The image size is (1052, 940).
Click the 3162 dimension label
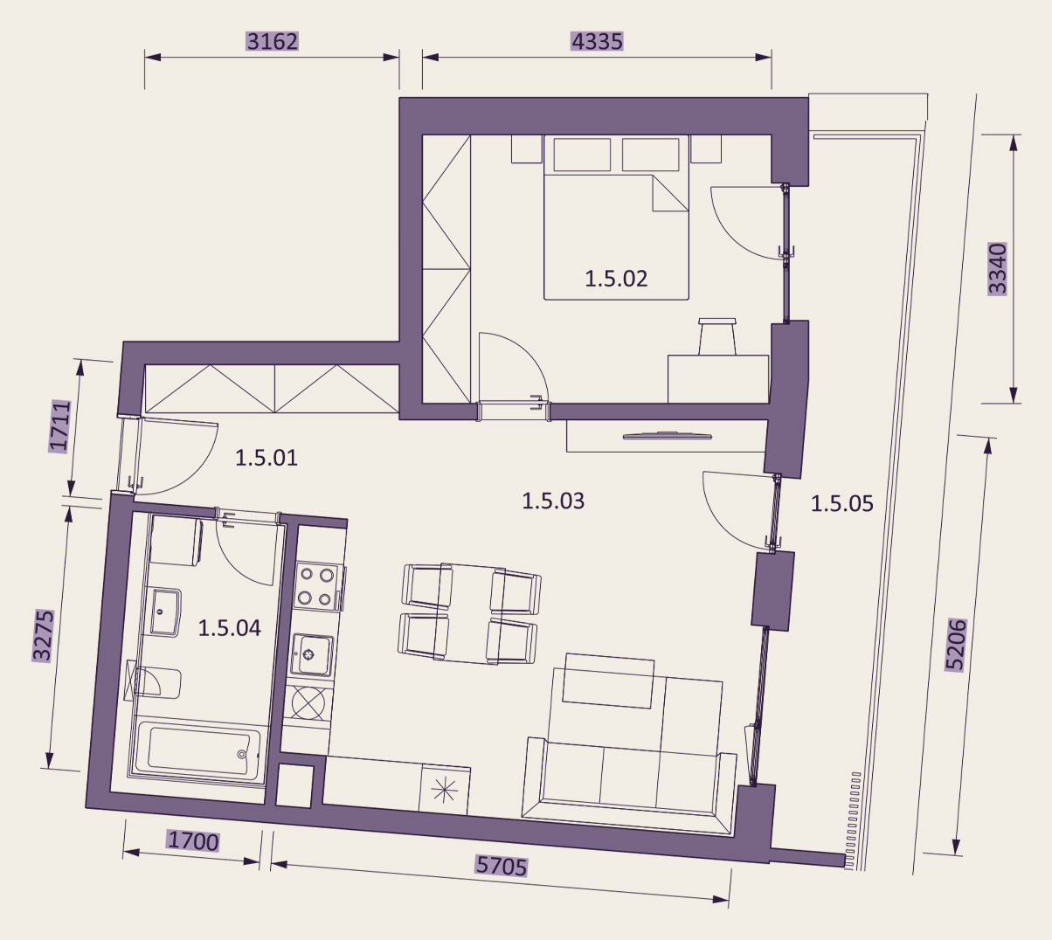click(273, 41)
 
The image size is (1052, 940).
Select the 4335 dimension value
click(597, 41)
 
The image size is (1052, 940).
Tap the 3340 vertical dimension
click(998, 268)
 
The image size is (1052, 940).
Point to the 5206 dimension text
click(955, 645)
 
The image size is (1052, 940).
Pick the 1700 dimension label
click(192, 841)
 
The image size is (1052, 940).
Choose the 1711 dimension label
click(59, 425)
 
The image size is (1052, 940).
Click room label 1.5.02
click(616, 280)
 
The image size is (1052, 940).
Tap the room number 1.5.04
click(230, 628)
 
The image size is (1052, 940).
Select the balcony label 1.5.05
click(842, 504)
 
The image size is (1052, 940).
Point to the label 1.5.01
click(266, 458)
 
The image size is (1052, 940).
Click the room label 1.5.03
click(553, 501)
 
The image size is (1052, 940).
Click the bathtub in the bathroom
click(197, 751)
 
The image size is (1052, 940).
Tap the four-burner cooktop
click(317, 586)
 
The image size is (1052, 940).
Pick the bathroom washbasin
click(166, 612)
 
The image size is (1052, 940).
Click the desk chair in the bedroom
click(717, 336)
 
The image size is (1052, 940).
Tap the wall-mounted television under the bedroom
click(666, 436)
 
